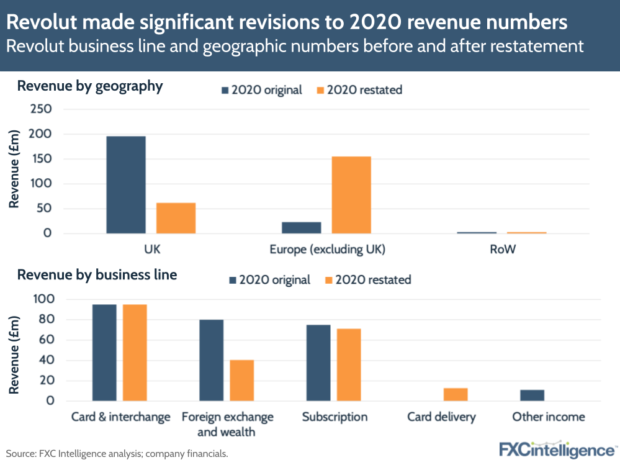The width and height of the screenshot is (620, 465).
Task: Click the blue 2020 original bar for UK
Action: point(126,184)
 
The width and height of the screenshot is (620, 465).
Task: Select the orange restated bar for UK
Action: point(176,218)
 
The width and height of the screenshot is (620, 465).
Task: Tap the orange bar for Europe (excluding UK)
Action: point(351,195)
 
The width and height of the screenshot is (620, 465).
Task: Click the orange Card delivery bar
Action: point(456,394)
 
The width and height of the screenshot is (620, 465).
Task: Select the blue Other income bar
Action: point(532,395)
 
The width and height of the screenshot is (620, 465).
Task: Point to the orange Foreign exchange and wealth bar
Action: point(241,380)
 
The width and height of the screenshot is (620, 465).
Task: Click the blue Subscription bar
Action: point(318,363)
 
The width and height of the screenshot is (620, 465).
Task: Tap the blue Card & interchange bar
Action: point(104,353)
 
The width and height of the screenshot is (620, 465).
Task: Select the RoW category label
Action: point(501,250)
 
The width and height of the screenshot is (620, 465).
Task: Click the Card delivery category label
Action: point(441,417)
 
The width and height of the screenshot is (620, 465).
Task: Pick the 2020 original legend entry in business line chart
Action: point(270,280)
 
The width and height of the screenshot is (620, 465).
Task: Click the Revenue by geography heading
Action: point(90,86)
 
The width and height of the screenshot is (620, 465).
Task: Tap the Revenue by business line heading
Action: point(97,274)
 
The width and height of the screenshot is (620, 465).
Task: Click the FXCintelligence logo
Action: point(557,449)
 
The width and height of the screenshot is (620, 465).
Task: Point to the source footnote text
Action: point(117,454)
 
